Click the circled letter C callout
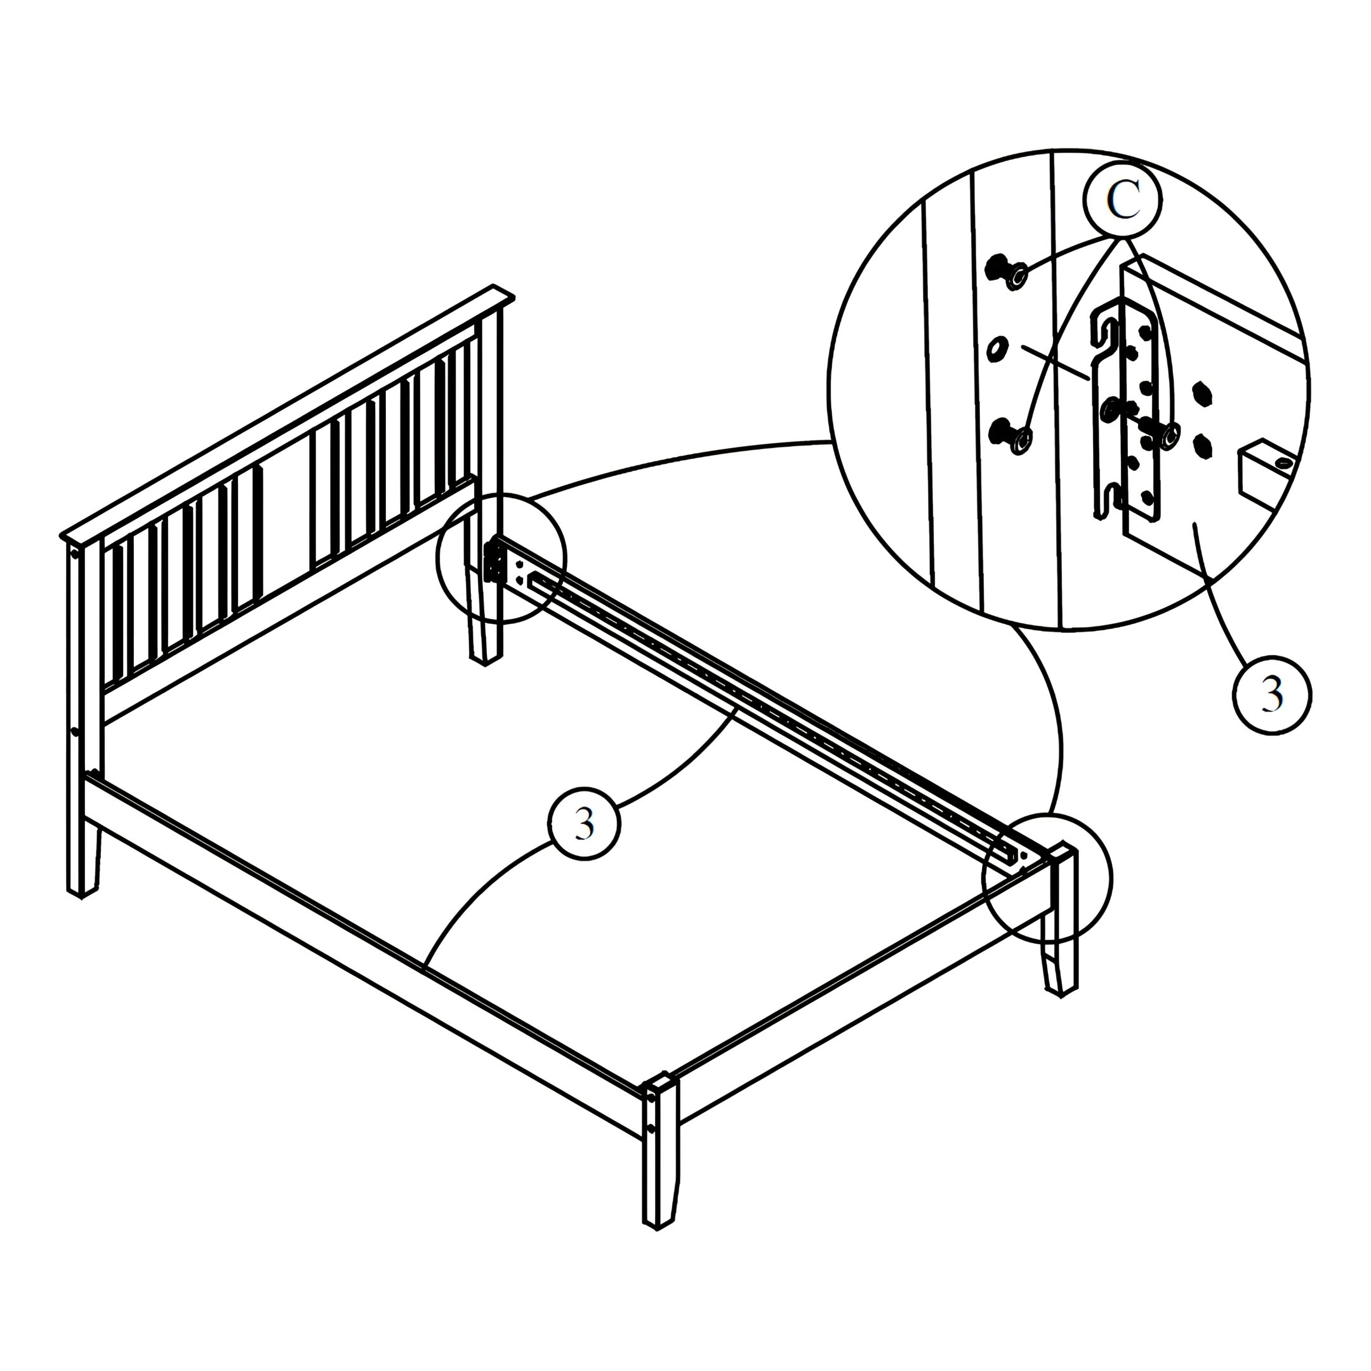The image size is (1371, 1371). tap(1123, 201)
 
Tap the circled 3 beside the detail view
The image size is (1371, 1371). tap(1271, 696)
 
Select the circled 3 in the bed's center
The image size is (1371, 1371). tap(585, 824)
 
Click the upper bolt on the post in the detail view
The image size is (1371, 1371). tap(1006, 272)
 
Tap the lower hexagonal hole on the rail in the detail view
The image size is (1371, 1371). tap(1202, 445)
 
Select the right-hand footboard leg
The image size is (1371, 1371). tap(1060, 920)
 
